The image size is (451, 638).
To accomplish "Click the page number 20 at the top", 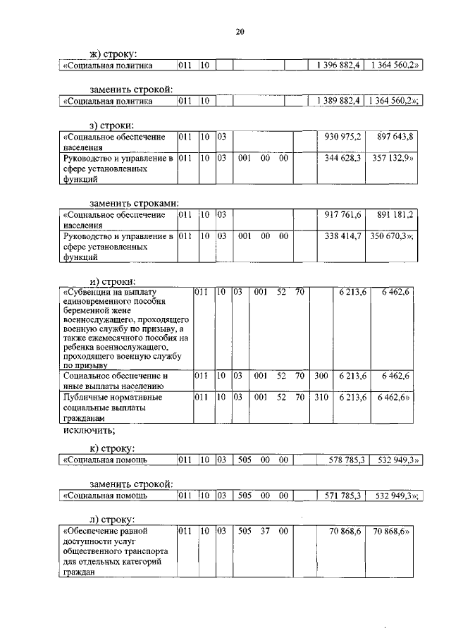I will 240,32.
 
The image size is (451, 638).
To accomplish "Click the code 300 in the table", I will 321,376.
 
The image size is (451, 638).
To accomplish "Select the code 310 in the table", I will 321,398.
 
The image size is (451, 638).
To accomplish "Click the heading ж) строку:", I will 113,54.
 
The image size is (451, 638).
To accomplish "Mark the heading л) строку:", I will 113,519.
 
